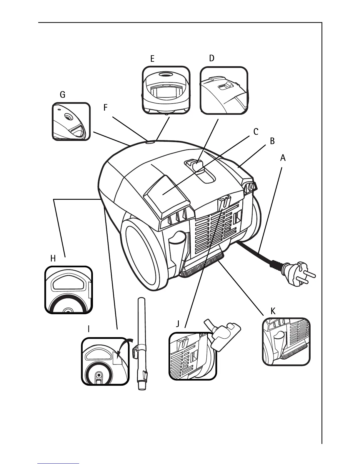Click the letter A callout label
point(283,158)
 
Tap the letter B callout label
point(272,141)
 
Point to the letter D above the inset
point(212,58)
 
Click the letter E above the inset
point(152,59)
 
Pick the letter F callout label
point(106,108)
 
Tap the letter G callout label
point(62,95)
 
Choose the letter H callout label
point(53,259)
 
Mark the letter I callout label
point(89,329)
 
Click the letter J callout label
point(177,324)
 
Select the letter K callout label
point(273,311)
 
